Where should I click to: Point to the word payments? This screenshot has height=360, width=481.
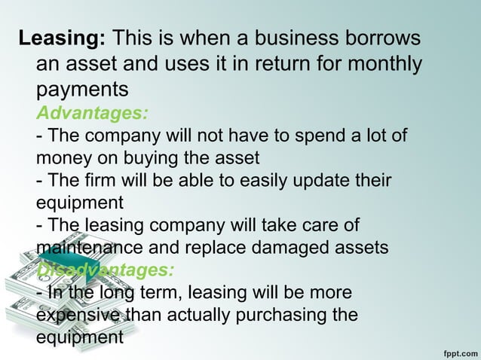[82, 89]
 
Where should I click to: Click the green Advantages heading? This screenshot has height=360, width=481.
[92, 114]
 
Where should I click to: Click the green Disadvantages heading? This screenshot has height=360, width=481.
[105, 270]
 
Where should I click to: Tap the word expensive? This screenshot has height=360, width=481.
[77, 314]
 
